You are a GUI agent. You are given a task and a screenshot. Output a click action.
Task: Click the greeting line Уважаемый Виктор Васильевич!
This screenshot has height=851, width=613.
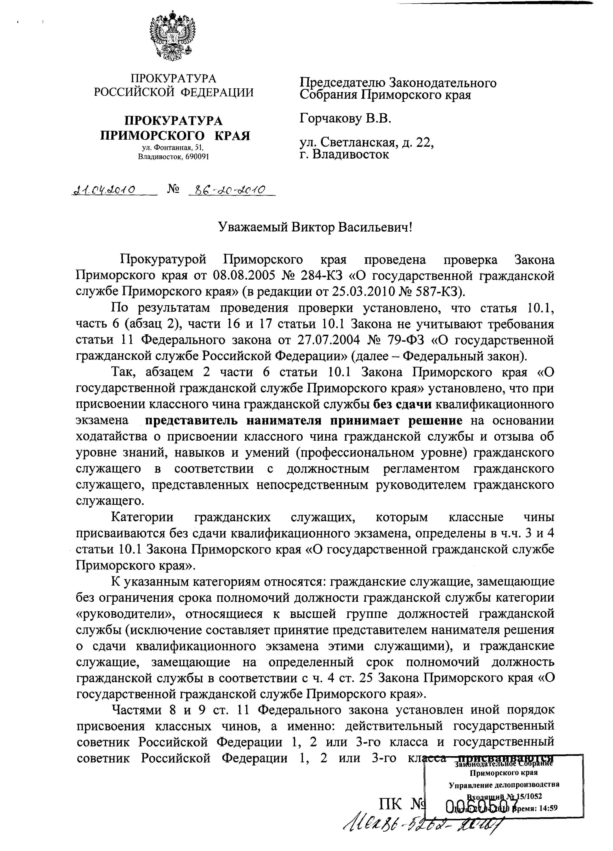(x=315, y=227)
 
